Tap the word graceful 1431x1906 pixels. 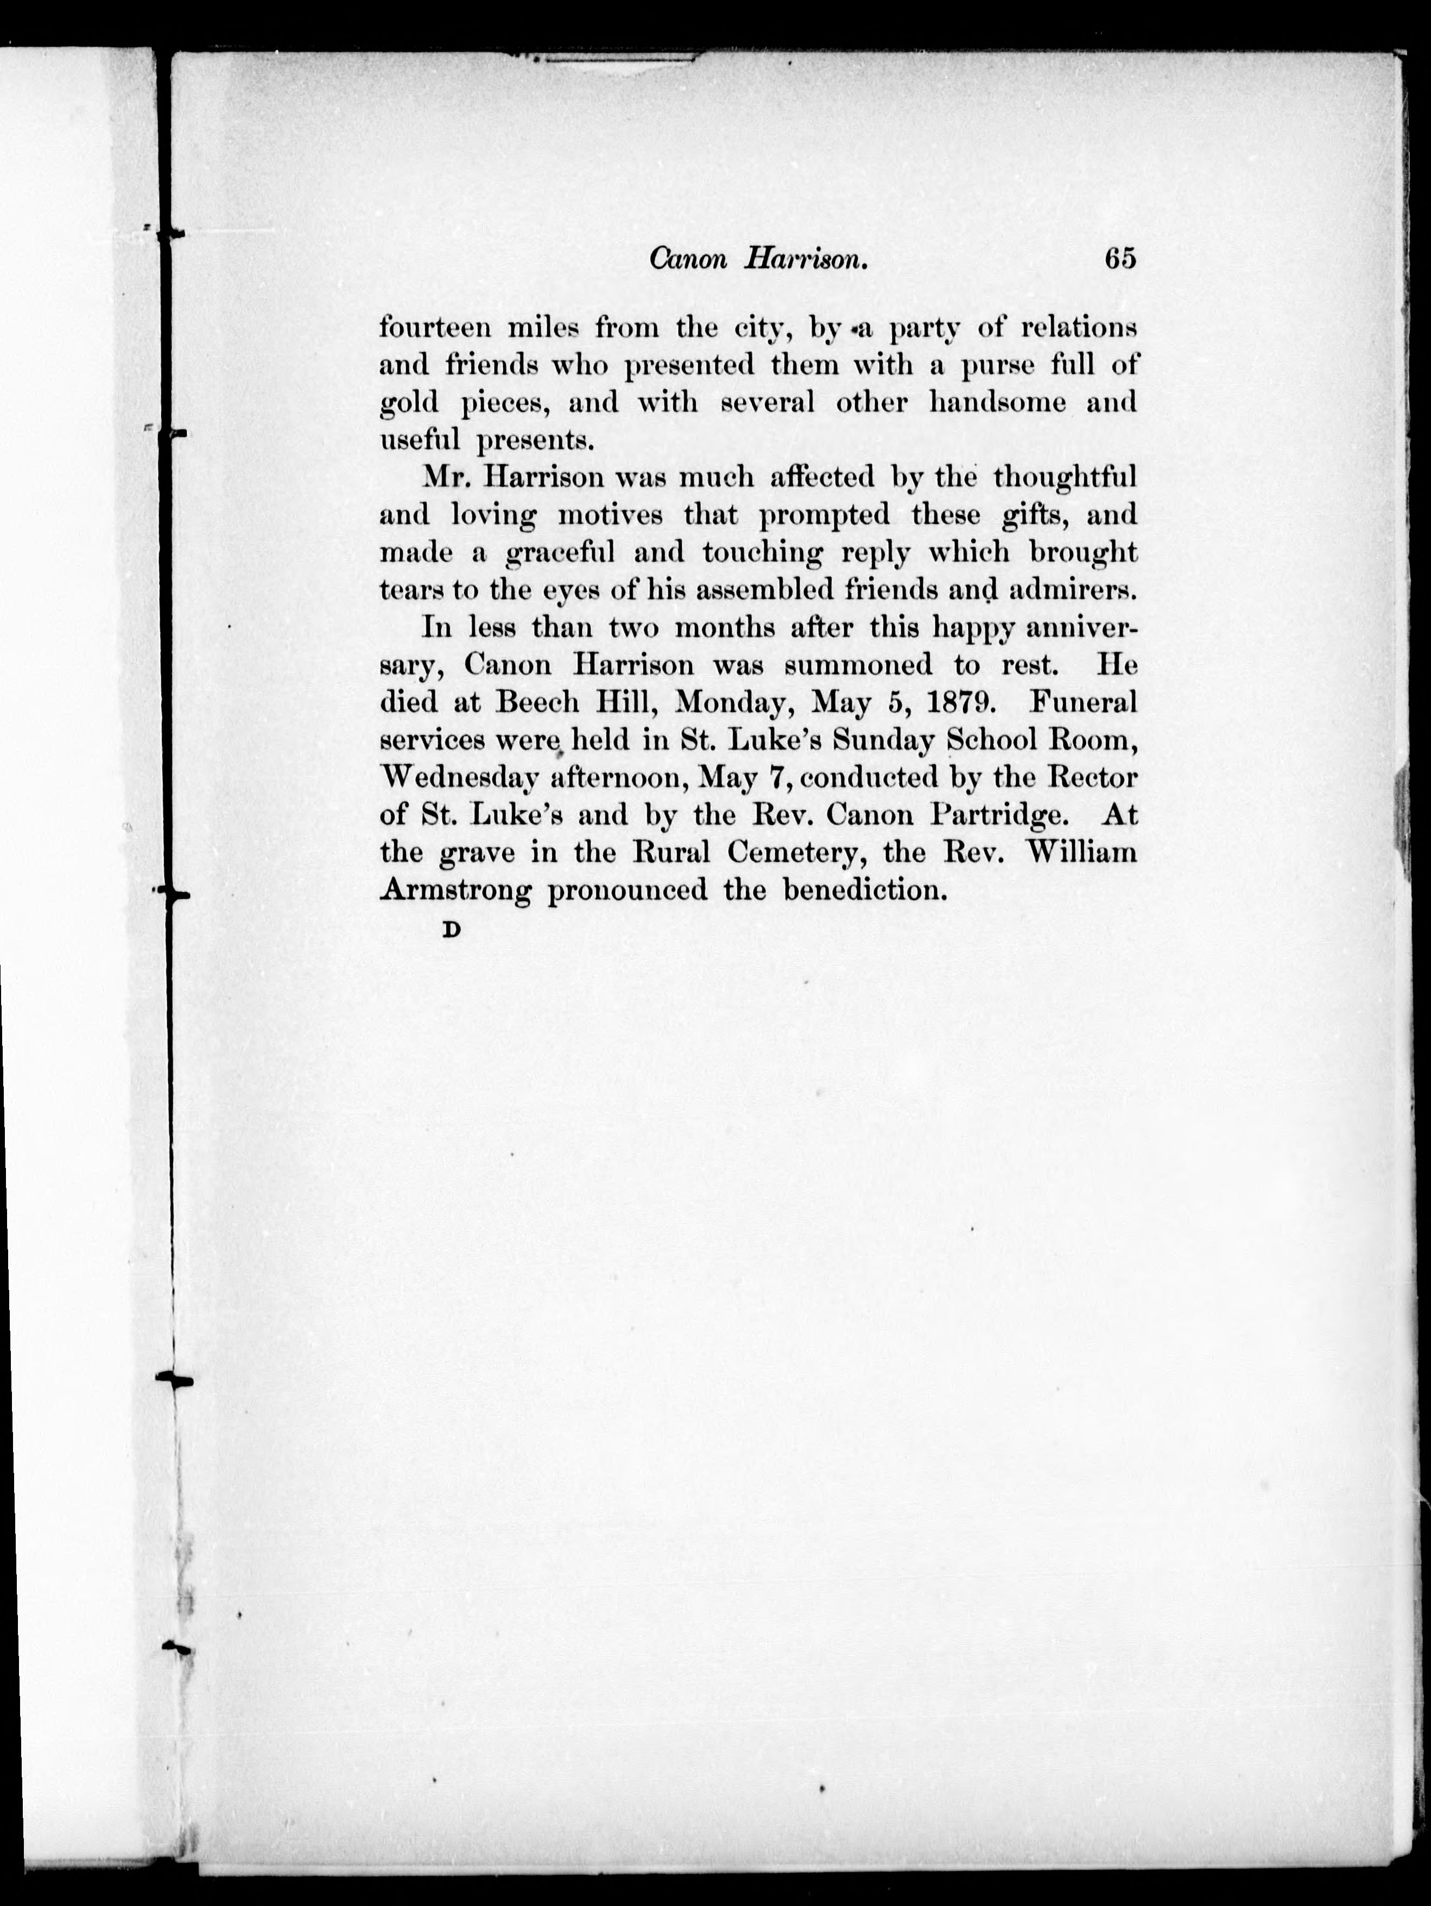point(560,553)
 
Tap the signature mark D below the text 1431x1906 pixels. point(450,931)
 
